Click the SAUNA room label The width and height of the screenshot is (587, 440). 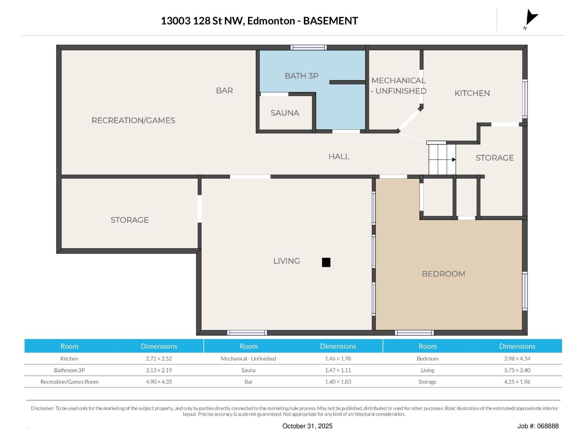point(285,113)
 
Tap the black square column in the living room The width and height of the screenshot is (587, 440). point(326,262)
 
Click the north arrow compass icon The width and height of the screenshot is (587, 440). point(531,18)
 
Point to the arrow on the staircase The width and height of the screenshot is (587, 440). point(454,159)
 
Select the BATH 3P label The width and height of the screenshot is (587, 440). point(302,76)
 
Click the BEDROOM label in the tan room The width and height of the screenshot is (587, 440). point(443,274)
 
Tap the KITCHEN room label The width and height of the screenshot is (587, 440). point(472,93)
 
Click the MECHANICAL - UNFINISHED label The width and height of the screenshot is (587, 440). point(398,85)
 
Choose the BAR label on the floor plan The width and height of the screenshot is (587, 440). point(224,91)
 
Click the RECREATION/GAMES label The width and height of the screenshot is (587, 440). point(133,120)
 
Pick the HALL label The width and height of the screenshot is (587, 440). point(339,157)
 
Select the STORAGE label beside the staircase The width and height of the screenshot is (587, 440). point(495,158)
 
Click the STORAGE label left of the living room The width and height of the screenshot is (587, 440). point(130,220)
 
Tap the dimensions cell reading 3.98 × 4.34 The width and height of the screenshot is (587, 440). point(517,359)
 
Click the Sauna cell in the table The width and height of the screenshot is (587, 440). point(248,370)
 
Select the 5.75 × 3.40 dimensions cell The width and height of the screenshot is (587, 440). point(517,370)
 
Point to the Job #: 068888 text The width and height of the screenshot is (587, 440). point(538,426)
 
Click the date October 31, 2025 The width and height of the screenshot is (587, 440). point(307,426)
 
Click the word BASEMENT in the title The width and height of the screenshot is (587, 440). point(330,21)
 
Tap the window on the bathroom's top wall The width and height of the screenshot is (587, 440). point(309,47)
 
